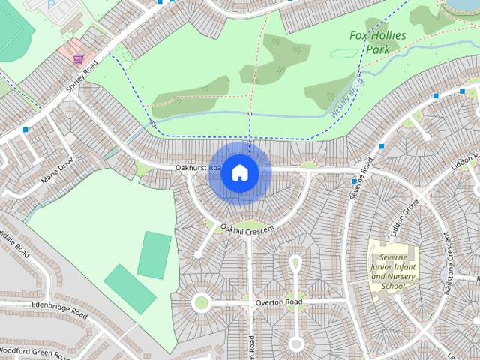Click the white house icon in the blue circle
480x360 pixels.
[x=239, y=172]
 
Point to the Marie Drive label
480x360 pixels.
[x=58, y=172]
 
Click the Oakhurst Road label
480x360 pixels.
[x=198, y=168]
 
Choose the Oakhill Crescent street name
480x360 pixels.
[x=247, y=229]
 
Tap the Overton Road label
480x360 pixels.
[x=278, y=302]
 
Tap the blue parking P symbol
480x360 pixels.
[x=50, y=4]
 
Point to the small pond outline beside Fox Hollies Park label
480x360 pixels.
[x=345, y=54]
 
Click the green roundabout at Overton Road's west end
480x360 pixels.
[x=200, y=303]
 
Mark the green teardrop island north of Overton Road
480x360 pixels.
[x=295, y=263]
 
